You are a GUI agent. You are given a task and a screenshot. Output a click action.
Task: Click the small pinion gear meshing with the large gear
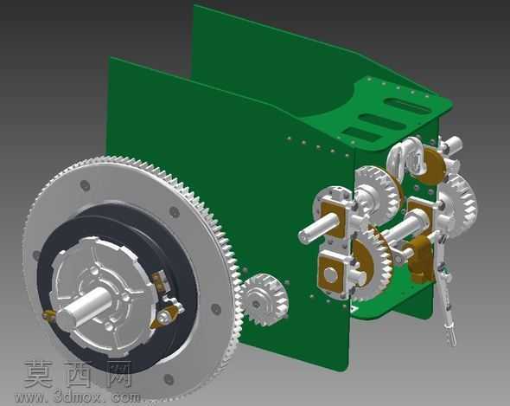265,300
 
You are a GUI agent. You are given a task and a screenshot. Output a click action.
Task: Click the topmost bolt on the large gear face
85,185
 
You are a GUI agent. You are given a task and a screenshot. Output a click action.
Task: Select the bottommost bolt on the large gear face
169,379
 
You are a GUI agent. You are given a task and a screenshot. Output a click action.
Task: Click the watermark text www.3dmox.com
78,397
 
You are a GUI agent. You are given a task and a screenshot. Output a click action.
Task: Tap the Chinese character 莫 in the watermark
38,374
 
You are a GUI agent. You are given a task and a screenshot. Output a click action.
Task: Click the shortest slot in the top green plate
361,134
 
